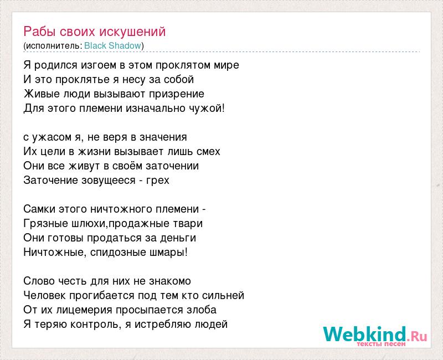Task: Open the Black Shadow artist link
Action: click(x=113, y=45)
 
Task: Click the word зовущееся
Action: click(x=109, y=181)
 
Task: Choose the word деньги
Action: click(x=178, y=238)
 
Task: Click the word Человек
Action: click(x=45, y=295)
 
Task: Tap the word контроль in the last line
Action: click(x=94, y=325)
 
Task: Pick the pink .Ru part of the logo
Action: click(x=418, y=336)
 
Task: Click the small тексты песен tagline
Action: click(x=381, y=344)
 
